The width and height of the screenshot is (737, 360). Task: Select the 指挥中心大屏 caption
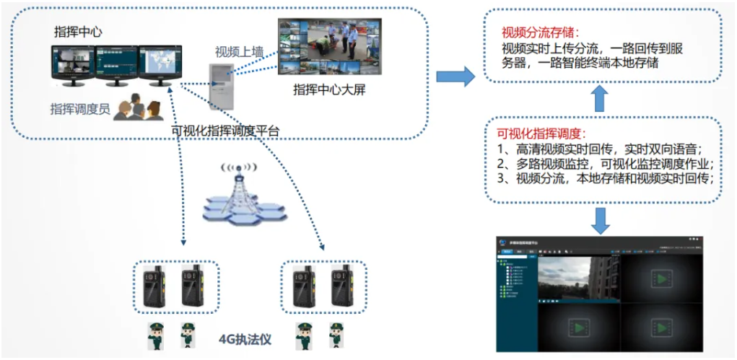coord(326,89)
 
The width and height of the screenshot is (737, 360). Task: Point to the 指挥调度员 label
coord(79,108)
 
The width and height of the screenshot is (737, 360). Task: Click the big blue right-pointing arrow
coord(455,74)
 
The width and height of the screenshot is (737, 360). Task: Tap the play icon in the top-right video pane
coord(661,277)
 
